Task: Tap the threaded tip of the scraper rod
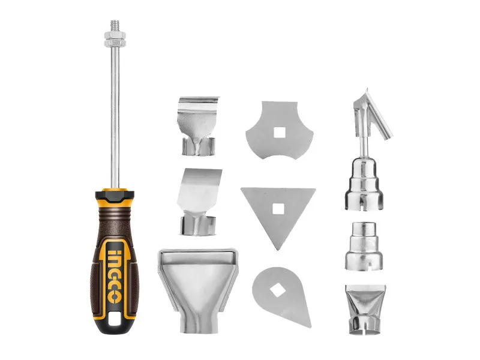pyautogui.click(x=115, y=25)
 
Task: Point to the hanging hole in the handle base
pyautogui.click(x=115, y=319)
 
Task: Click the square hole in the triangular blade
pyautogui.click(x=278, y=209)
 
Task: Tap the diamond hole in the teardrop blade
pyautogui.click(x=278, y=290)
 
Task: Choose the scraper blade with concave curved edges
pyautogui.click(x=280, y=131)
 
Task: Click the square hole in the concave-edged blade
pyautogui.click(x=280, y=133)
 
